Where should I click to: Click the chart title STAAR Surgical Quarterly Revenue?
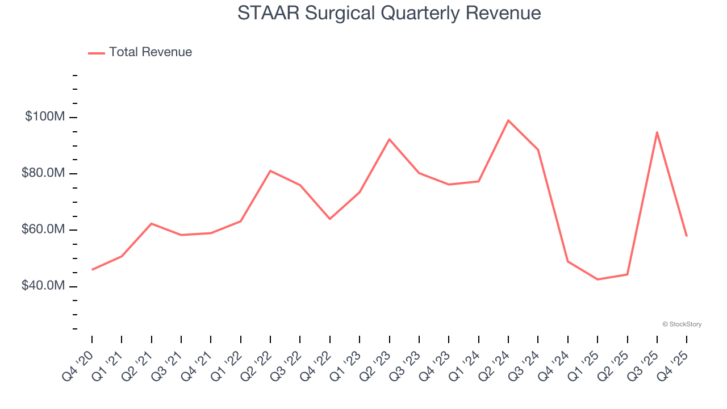389,13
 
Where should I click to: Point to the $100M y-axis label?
45,117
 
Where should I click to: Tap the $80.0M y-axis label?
43,173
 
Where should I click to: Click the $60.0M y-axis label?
43,229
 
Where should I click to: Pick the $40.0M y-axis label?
43,286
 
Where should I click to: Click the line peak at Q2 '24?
508,120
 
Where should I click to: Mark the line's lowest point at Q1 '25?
598,279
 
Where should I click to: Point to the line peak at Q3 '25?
657,132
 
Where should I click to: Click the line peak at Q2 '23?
390,139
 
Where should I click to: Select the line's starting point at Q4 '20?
92,270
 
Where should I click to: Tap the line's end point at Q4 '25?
687,236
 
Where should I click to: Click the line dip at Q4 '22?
330,219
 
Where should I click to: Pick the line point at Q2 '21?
152,224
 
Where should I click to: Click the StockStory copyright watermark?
682,324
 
